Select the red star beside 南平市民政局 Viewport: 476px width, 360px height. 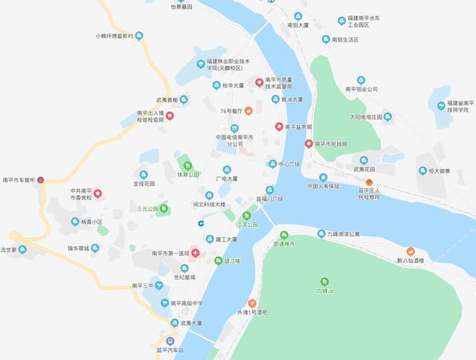(309, 143)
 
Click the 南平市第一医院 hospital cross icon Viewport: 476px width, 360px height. (195, 254)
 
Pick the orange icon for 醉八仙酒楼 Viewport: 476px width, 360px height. (410, 251)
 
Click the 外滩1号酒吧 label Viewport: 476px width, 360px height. (252, 312)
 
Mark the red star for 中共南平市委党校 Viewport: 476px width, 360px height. (97, 195)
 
